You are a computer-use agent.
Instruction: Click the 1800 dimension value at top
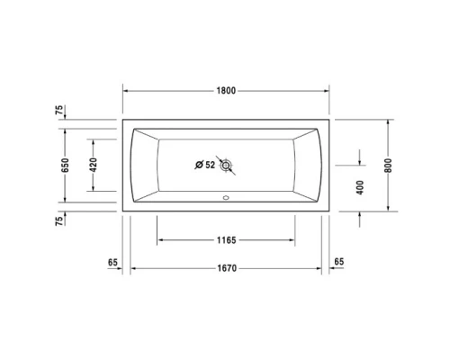(x=227, y=91)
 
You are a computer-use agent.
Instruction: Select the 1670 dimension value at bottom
(x=226, y=269)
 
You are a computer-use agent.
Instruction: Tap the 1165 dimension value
(x=226, y=241)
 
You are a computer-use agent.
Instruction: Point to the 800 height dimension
(x=388, y=165)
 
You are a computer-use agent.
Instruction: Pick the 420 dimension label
(x=93, y=165)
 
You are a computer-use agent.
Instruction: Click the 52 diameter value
(x=211, y=165)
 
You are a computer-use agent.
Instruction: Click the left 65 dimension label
(x=112, y=262)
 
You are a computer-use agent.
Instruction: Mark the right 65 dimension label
(x=339, y=262)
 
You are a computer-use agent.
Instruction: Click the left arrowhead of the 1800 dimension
(x=126, y=91)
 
